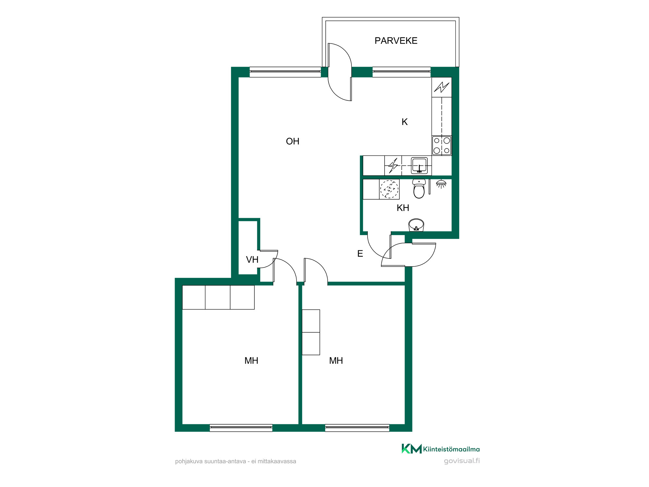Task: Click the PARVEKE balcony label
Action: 396,41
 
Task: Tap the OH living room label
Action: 292,141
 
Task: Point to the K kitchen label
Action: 404,122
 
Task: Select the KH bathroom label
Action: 403,208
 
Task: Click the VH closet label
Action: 252,260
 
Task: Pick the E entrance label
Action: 360,254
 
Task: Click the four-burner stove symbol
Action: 442,145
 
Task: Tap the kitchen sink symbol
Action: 419,165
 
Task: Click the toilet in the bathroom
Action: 419,189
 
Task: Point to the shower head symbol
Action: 441,184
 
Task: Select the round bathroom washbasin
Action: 416,225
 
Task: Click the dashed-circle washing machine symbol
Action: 389,189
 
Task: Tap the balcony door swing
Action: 340,72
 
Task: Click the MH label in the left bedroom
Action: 251,361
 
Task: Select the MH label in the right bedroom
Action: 336,361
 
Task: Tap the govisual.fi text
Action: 462,461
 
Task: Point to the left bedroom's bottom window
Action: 241,428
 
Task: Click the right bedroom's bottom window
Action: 357,428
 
